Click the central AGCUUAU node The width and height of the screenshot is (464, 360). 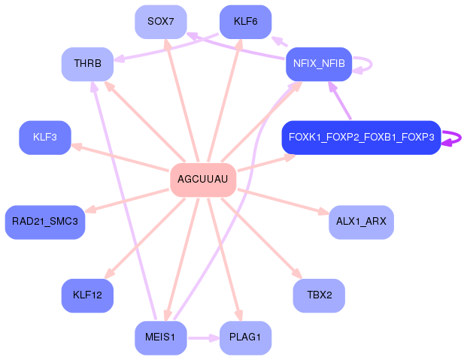pos(204,180)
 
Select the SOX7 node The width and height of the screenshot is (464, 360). pos(161,22)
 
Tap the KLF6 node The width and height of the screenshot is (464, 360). pos(246,22)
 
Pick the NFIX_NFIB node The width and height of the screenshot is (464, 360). pos(320,64)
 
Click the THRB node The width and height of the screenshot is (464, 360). pos(87,64)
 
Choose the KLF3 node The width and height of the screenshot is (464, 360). pos(44,138)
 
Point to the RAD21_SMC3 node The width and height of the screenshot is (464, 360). pos(45,222)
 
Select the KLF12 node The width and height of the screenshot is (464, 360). pos(87,295)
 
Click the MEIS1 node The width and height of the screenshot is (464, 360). pos(161,337)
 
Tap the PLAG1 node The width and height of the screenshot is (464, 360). pos(246,337)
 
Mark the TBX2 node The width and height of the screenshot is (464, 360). pos(319,295)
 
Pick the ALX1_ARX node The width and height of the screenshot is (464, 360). pos(361,222)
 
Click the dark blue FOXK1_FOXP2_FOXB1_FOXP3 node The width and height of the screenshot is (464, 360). pos(360,138)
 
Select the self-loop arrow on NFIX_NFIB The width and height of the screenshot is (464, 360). pos(365,64)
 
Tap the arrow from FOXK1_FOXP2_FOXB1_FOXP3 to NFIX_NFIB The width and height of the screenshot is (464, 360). pos(340,101)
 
